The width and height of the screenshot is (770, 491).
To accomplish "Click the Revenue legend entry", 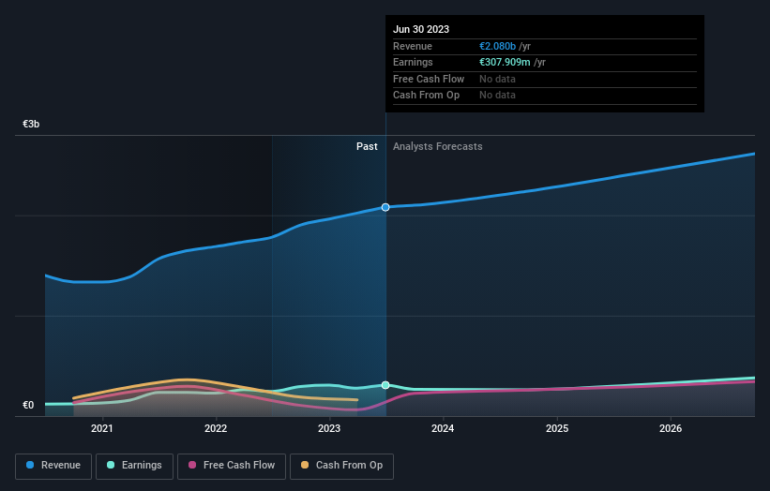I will point(53,466).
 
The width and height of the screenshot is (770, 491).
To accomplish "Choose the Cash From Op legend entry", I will point(342,466).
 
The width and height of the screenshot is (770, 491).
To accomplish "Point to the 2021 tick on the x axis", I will point(102,429).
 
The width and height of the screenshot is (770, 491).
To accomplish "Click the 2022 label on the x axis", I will point(216,429).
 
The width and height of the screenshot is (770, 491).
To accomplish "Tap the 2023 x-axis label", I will point(329,429).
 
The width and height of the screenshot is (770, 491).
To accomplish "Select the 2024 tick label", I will point(443,429).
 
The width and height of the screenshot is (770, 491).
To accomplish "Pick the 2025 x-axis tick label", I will point(557,429).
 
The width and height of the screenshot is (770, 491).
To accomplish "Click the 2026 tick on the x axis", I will point(671,429).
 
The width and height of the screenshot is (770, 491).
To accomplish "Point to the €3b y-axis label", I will point(32,124).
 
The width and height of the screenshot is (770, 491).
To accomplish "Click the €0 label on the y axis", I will point(29,405).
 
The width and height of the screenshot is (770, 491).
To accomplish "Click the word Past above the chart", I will point(367,146).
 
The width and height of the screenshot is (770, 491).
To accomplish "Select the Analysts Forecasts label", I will point(438,146).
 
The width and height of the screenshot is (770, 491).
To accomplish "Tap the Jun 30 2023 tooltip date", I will point(421,29).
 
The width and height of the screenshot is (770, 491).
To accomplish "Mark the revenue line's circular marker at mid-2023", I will point(385,207).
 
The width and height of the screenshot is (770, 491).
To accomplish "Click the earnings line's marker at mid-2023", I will point(385,385).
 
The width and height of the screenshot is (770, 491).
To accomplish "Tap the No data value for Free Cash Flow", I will point(497,79).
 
